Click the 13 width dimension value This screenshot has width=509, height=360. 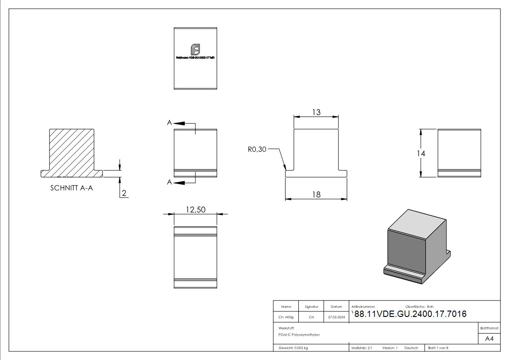pos(316,112)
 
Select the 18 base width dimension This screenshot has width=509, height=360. pos(316,194)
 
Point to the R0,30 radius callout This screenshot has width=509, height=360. pos(257,149)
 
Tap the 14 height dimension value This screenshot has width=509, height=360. pos(421,153)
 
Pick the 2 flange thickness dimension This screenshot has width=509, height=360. pos(124,194)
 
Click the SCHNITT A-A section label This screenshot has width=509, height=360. pos(72,188)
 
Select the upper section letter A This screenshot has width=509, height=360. pos(169,122)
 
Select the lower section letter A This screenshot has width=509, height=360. pos(169,182)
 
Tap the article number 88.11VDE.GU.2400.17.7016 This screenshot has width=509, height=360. pos(410,314)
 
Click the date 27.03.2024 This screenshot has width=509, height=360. pos(336,317)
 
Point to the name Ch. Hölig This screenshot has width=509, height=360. pos(286,317)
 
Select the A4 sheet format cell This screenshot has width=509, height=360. pos(489,339)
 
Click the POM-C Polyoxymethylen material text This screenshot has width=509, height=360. pos(299,335)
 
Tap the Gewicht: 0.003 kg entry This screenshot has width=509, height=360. pos(293,348)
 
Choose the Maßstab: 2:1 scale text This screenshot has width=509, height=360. pos(362,348)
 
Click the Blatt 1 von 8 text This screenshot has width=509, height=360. pos(438,348)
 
